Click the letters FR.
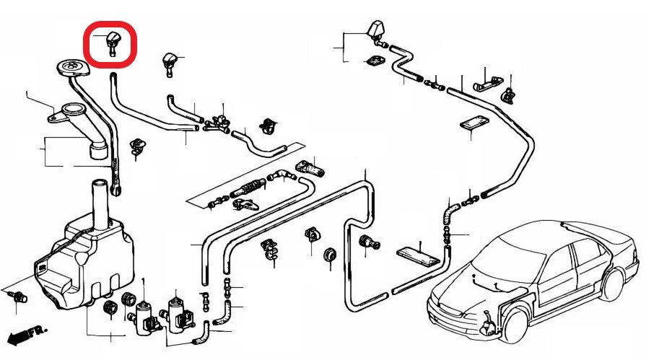(36, 331)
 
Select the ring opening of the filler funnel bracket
(74, 111)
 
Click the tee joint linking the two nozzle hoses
(213, 125)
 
